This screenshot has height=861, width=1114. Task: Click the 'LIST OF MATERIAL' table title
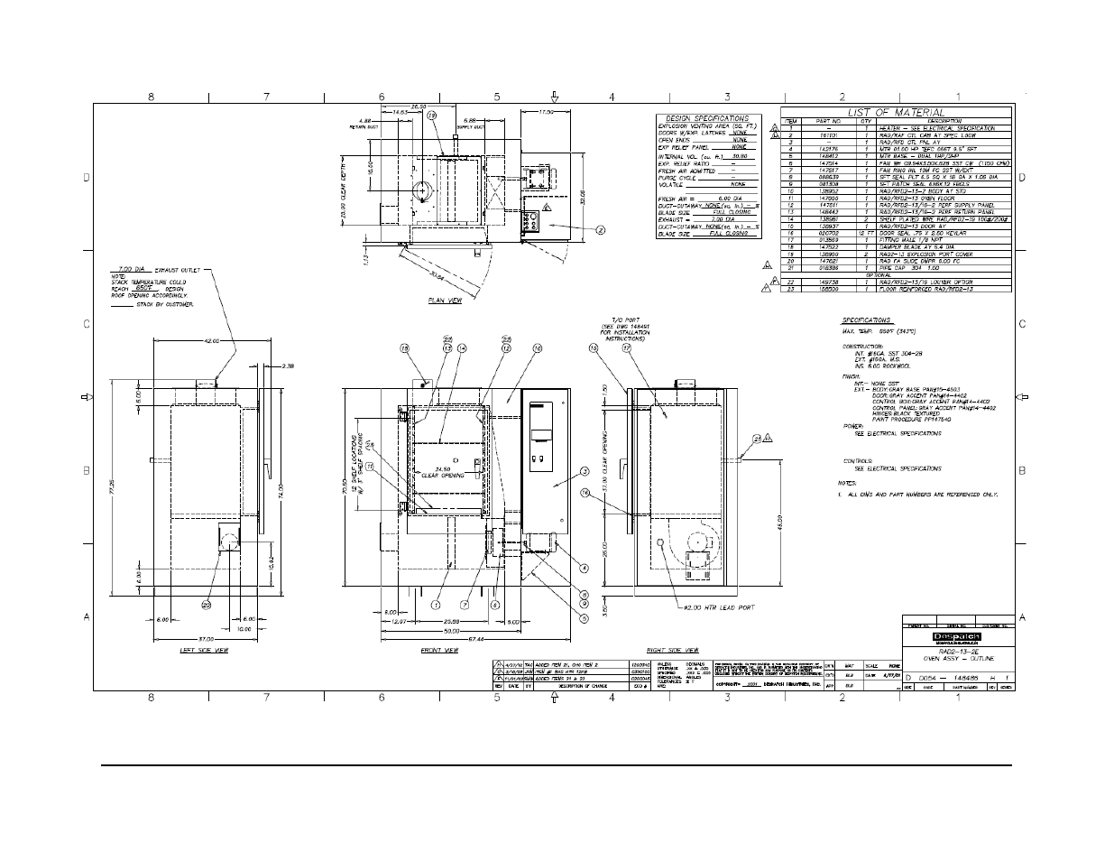tap(896, 112)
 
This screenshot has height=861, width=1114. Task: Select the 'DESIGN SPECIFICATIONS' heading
tap(707, 118)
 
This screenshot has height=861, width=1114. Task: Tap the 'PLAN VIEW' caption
tap(445, 301)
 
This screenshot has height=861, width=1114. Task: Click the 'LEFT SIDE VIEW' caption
tap(203, 650)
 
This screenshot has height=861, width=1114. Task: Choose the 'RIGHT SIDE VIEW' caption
tap(673, 650)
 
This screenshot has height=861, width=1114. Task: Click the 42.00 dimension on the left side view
tap(213, 342)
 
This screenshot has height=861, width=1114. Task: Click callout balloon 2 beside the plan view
tap(601, 229)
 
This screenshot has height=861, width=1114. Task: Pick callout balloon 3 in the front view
tap(585, 471)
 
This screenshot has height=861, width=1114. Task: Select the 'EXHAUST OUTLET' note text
tap(181, 269)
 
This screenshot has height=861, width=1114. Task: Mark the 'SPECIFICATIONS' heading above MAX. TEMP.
tap(867, 320)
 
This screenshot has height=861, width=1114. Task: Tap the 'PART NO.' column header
tap(828, 121)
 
